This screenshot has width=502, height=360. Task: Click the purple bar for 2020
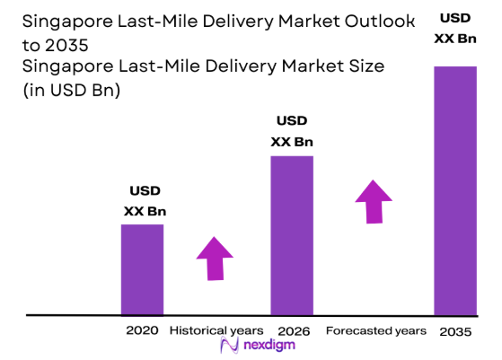tap(142, 269)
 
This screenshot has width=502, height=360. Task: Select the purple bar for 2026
tap(292, 235)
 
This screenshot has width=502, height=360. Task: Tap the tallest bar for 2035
tap(454, 190)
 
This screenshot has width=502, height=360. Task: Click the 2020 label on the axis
tap(143, 330)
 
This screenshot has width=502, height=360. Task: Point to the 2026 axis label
tap(293, 331)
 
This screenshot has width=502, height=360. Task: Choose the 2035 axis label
tap(455, 331)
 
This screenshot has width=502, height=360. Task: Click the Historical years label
tap(216, 330)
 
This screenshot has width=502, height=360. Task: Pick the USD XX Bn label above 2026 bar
tap(292, 131)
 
